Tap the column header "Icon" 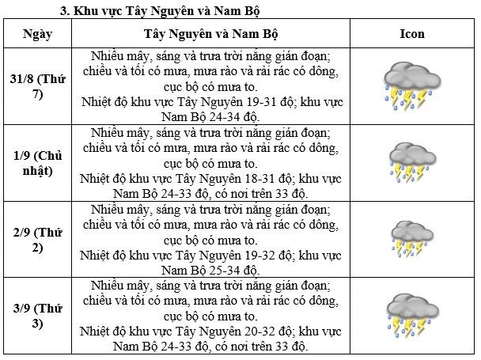[412, 34]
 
